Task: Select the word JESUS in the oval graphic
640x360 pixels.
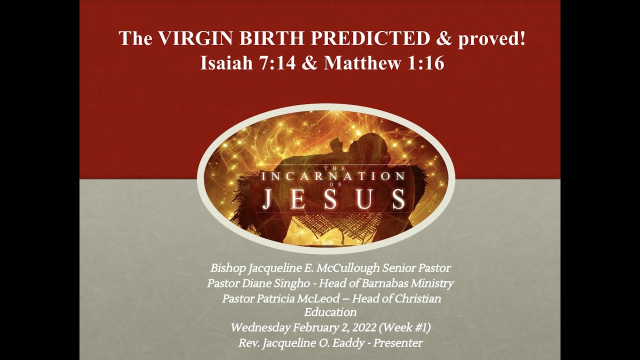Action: tap(334, 199)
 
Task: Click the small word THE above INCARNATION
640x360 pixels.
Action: tap(330, 168)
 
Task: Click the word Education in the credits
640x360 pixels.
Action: tap(330, 312)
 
